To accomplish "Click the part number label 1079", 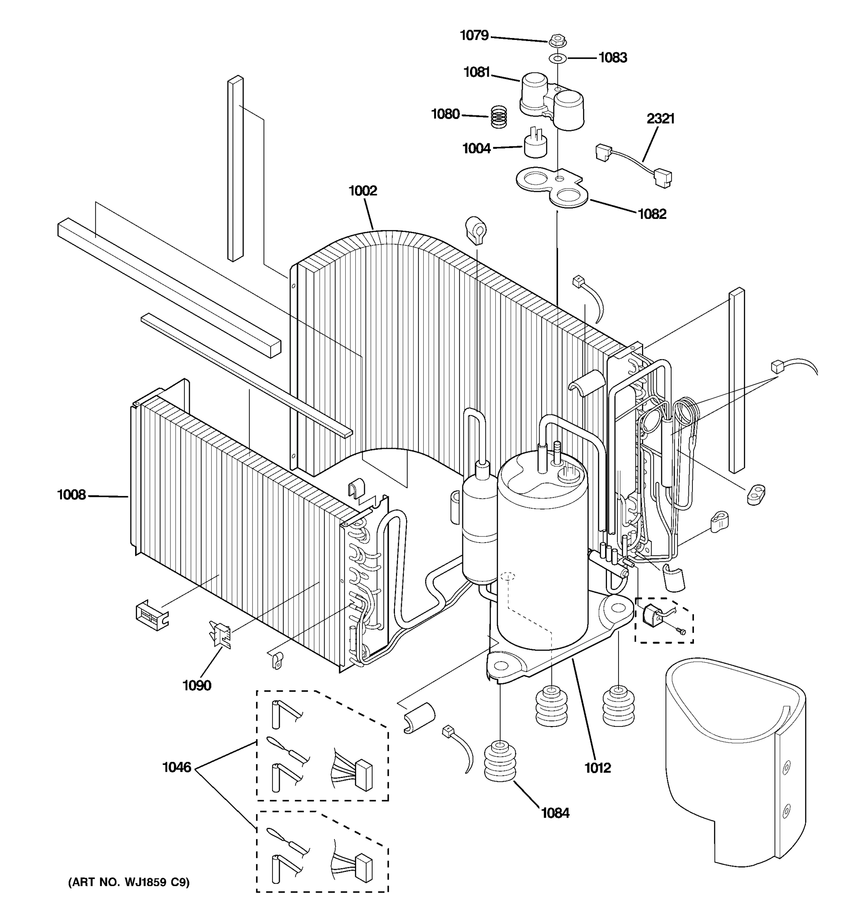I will (474, 35).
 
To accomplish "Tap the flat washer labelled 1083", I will (557, 58).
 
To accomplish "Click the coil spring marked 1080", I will (499, 117).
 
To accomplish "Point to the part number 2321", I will (660, 119).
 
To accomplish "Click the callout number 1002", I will (363, 191).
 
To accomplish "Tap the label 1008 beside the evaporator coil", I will (72, 495).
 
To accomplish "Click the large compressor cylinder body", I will (542, 557).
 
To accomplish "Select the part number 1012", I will (597, 768).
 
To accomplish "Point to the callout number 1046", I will (177, 768).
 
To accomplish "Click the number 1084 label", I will (555, 813).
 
